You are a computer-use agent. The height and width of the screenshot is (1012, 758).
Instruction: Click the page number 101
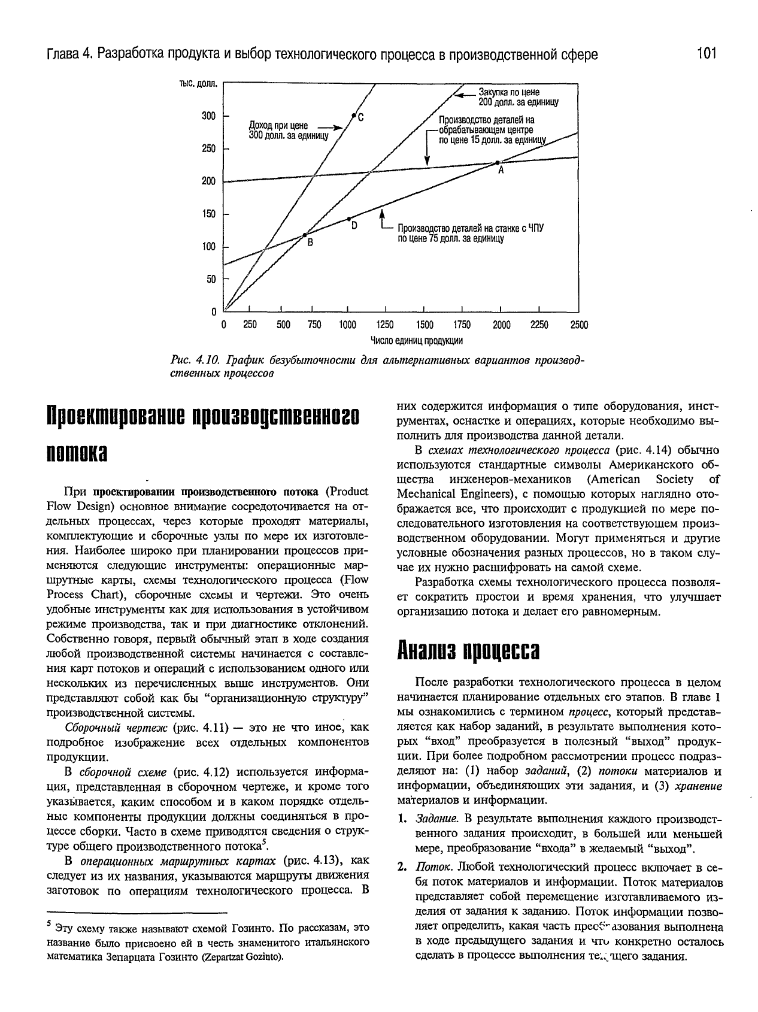707,54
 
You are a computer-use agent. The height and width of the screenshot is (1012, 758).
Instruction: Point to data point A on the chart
497,162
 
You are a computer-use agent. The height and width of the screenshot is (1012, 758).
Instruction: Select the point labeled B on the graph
304,235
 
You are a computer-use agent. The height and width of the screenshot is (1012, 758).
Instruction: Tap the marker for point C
353,116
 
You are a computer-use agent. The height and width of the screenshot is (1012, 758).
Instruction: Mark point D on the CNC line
349,219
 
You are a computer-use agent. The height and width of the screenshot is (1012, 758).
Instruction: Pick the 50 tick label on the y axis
211,279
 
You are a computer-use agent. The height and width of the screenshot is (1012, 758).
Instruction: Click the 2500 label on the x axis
579,325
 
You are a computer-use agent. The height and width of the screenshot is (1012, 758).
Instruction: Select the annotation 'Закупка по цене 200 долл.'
518,97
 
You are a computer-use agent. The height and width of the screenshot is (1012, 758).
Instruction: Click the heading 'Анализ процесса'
469,650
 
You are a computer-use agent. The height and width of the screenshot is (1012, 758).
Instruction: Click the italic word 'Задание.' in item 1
438,819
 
